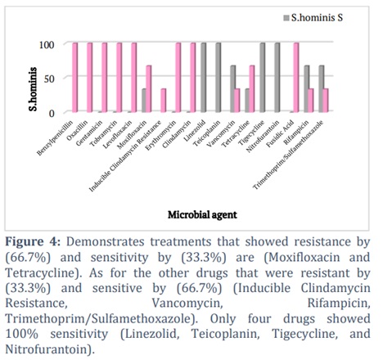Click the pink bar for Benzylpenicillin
(74, 78)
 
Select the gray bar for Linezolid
(204, 78)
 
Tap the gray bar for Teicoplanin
(219, 78)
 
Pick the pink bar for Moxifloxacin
(148, 89)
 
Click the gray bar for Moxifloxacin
(144, 101)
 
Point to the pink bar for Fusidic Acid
(296, 78)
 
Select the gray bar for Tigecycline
(263, 78)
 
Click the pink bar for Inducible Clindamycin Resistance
(163, 101)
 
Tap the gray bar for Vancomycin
(232, 89)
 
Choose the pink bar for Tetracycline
(251, 89)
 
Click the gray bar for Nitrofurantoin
(277, 78)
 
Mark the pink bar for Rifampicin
(311, 101)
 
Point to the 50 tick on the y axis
(49, 79)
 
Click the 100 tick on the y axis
(47, 44)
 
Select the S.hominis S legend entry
(313, 18)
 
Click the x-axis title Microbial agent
(202, 215)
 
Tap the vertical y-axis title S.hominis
(33, 89)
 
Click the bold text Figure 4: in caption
(33, 242)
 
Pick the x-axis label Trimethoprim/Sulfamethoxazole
(289, 155)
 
